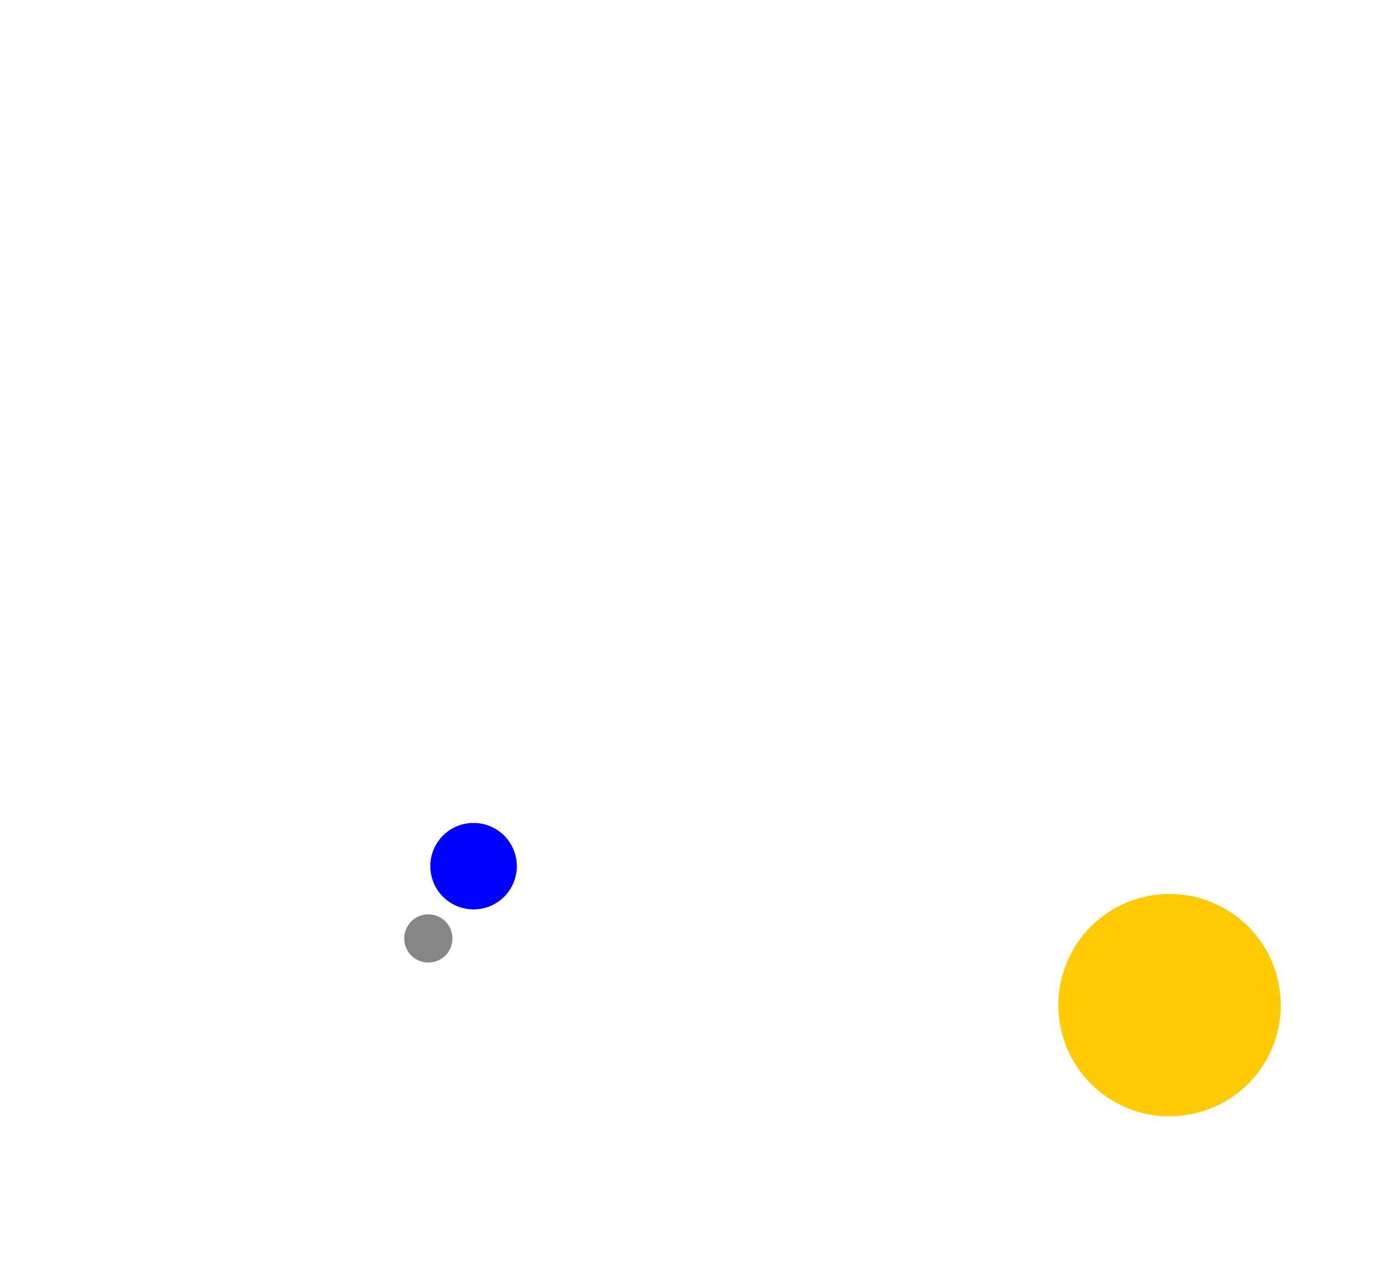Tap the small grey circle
(428, 938)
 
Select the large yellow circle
(1169, 1005)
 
